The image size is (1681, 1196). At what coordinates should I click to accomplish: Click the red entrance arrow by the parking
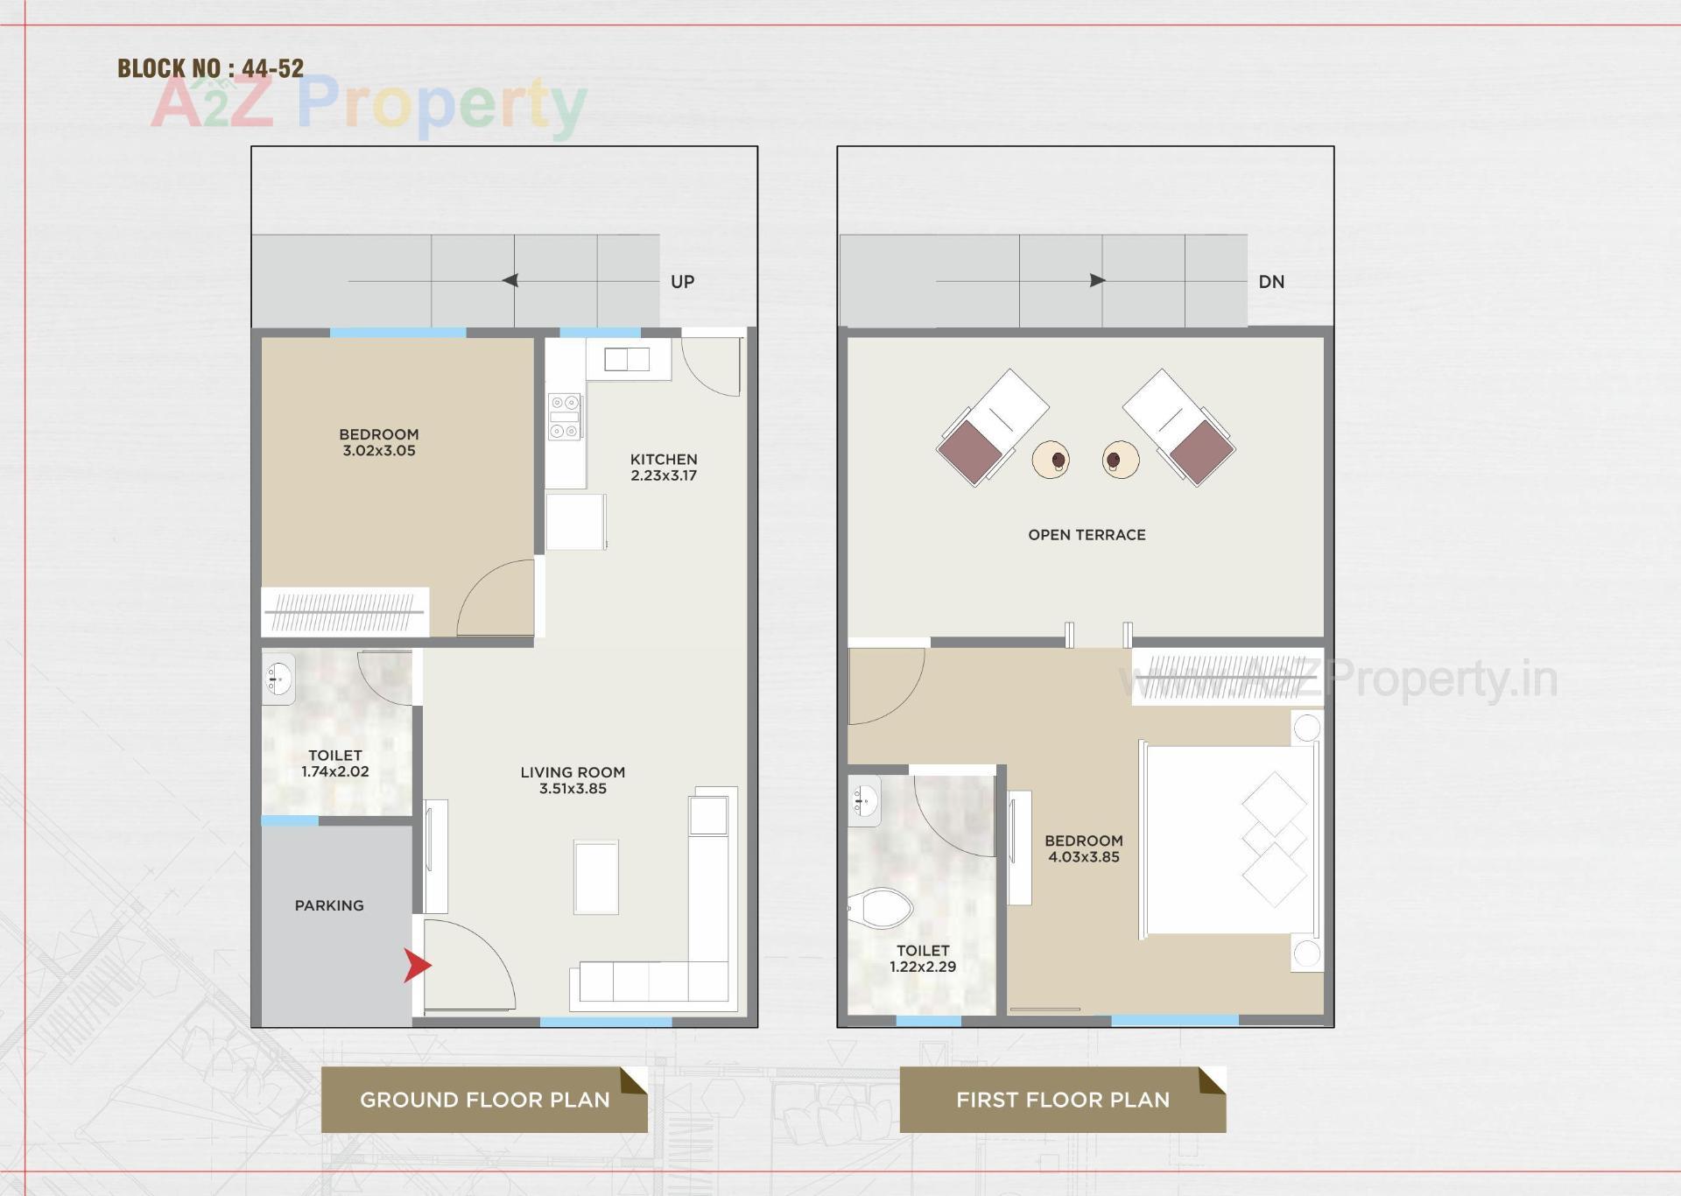point(417,965)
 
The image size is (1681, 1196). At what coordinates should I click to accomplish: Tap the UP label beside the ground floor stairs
point(682,282)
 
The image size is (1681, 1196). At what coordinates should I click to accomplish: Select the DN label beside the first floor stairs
point(1271,282)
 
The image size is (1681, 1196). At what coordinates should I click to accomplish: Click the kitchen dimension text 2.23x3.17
point(664,475)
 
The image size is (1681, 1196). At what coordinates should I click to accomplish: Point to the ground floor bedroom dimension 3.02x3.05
point(379,451)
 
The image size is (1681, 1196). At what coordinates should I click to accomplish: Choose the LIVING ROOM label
point(573,772)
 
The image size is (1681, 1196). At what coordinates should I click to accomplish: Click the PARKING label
point(329,905)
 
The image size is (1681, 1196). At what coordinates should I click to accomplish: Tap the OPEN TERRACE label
point(1087,535)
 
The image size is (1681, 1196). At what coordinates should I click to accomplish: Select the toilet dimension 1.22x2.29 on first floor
point(923,967)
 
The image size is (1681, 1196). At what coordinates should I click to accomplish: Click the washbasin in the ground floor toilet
point(279,679)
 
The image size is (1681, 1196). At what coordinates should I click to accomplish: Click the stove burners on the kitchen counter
point(564,417)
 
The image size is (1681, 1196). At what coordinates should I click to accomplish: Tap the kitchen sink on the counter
point(627,359)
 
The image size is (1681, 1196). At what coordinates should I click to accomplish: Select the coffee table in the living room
point(596,876)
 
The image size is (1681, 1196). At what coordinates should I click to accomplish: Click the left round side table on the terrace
point(1051,459)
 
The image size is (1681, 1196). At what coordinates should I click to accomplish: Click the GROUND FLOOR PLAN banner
point(484,1100)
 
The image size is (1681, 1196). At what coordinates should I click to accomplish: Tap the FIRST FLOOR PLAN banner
point(1062,1100)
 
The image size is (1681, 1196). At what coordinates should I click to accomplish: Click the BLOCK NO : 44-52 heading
point(210,68)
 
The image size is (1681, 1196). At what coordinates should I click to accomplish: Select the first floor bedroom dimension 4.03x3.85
point(1084,857)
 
